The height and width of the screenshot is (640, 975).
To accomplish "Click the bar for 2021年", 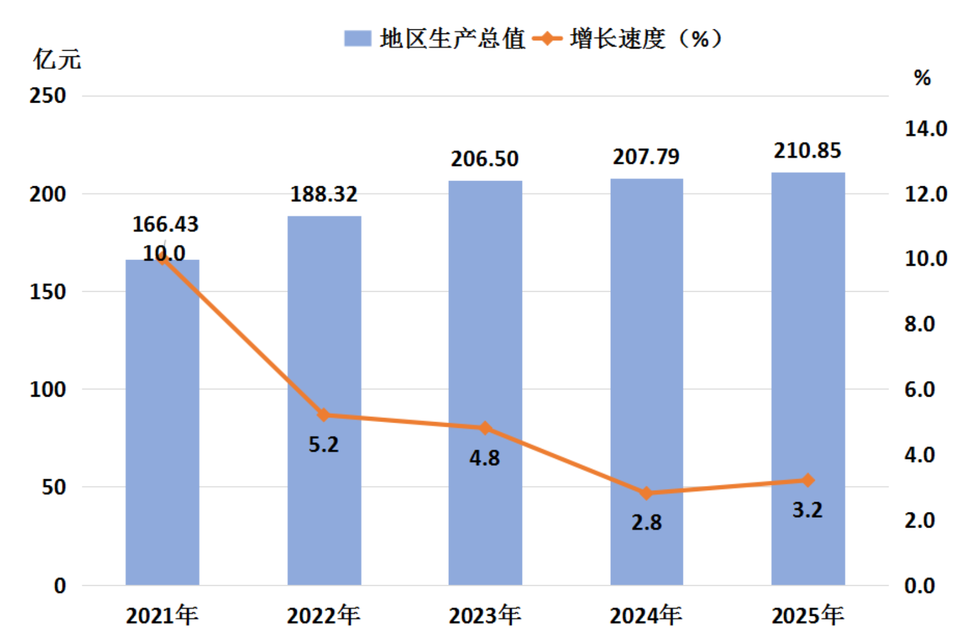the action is pyautogui.click(x=162, y=422).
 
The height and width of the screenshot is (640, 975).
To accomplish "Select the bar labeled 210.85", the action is pyautogui.click(x=808, y=379).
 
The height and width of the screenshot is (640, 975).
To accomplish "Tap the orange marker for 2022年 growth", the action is pyautogui.click(x=323, y=415).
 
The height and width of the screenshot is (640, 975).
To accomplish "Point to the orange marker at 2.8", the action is pyautogui.click(x=647, y=494).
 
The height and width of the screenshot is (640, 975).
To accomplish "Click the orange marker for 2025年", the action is pyautogui.click(x=808, y=481).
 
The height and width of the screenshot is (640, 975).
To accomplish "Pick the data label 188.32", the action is pyautogui.click(x=324, y=194).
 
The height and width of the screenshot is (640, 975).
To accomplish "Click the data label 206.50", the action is pyautogui.click(x=485, y=159).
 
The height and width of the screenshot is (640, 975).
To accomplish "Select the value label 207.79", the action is pyautogui.click(x=647, y=157).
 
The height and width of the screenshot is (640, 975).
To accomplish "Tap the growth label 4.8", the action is pyautogui.click(x=485, y=458).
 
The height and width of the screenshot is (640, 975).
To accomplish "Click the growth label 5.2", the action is pyautogui.click(x=323, y=445).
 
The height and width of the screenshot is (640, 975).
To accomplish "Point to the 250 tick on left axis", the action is pyautogui.click(x=48, y=95).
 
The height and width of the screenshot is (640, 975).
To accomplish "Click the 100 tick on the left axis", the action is pyautogui.click(x=48, y=389).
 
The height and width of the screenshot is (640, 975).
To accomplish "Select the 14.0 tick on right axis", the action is pyautogui.click(x=926, y=129).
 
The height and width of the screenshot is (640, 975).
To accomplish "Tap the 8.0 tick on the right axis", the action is pyautogui.click(x=920, y=325).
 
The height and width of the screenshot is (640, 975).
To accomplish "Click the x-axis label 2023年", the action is pyautogui.click(x=485, y=616).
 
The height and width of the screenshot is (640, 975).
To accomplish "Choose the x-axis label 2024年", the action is pyautogui.click(x=647, y=616).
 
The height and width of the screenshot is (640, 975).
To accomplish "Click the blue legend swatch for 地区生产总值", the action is pyautogui.click(x=358, y=38).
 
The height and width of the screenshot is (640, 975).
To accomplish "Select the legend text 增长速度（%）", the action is pyautogui.click(x=647, y=39).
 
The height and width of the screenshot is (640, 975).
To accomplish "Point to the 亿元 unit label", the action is pyautogui.click(x=57, y=59).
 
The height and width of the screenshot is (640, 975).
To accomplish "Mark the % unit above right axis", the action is pyautogui.click(x=923, y=78).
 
